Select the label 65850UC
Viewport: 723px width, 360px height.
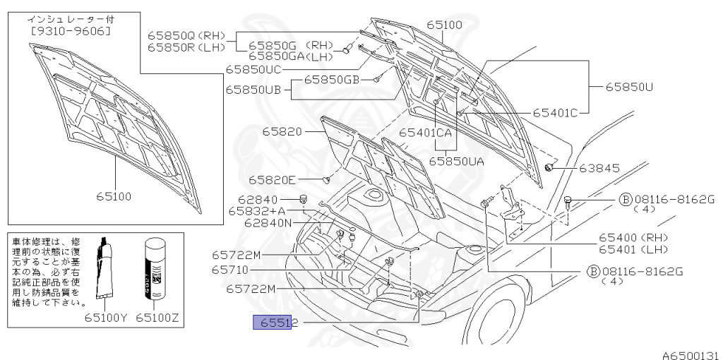click(x=253, y=69)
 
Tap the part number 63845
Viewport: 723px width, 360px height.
click(x=599, y=168)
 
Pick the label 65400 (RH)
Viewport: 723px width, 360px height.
click(x=633, y=237)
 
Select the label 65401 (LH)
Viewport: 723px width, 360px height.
click(x=633, y=248)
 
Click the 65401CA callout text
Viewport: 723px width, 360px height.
click(x=425, y=132)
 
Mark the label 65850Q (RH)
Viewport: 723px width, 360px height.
click(x=186, y=35)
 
